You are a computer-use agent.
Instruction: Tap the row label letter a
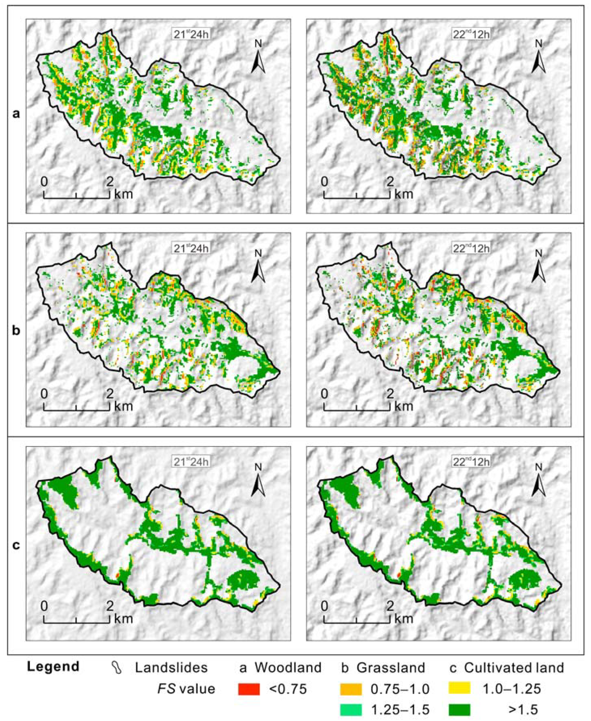coord(16,114)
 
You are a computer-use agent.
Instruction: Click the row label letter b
coord(16,330)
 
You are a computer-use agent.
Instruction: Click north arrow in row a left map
coord(258,60)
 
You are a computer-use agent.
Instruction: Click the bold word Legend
coord(53,666)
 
